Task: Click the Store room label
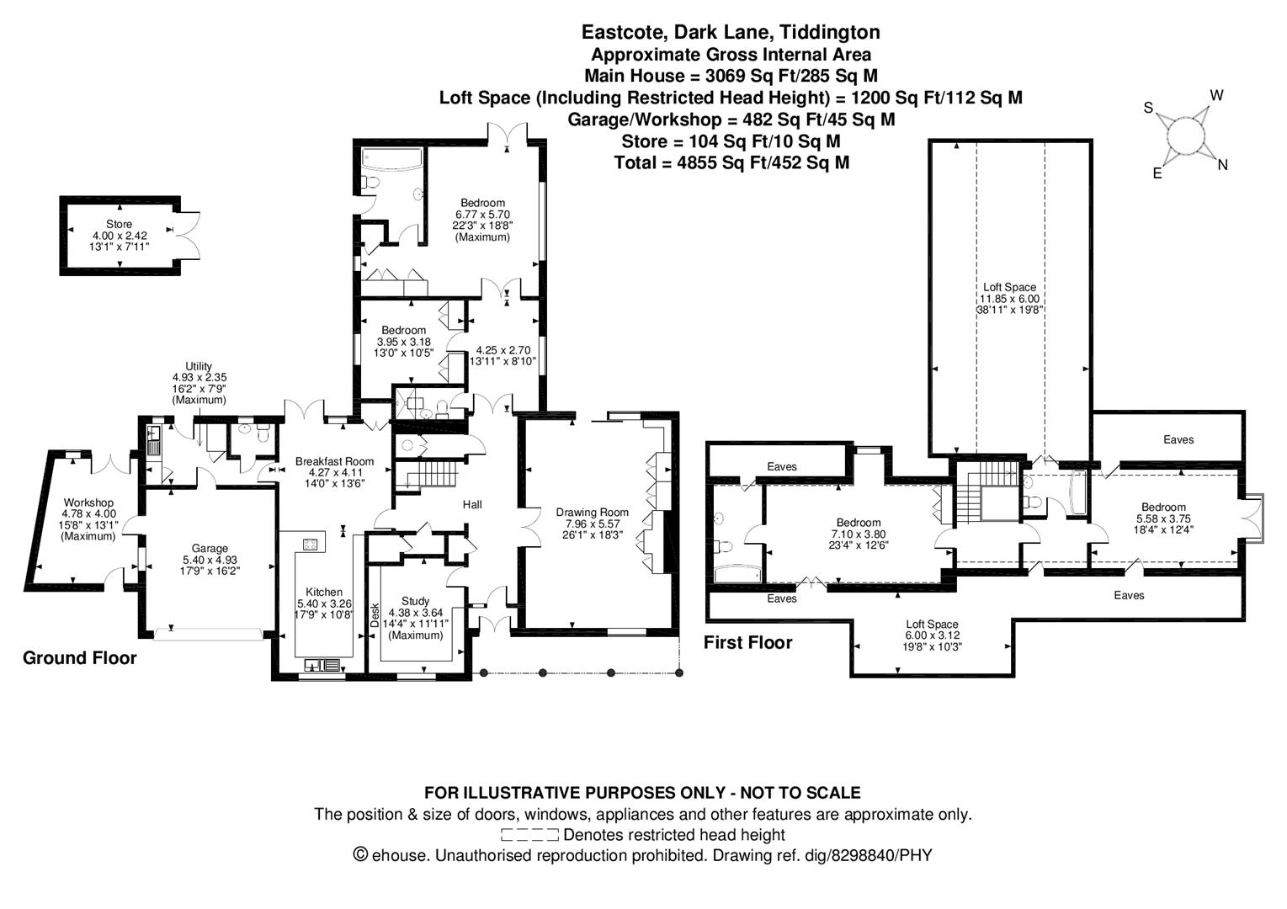(119, 224)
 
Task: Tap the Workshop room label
(88, 502)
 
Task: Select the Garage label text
(210, 549)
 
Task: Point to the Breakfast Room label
(334, 461)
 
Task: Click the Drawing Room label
(593, 513)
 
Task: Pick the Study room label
(416, 601)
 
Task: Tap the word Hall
(472, 504)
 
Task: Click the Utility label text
(199, 366)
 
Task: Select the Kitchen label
(324, 592)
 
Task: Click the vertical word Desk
(375, 614)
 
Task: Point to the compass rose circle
(1186, 136)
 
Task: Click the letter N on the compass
(1223, 165)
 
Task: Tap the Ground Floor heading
(80, 658)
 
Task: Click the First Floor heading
(748, 642)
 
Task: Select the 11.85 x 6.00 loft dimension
(1009, 299)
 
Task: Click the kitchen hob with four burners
(311, 544)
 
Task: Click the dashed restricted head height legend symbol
(529, 834)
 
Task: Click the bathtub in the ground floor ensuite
(391, 158)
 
